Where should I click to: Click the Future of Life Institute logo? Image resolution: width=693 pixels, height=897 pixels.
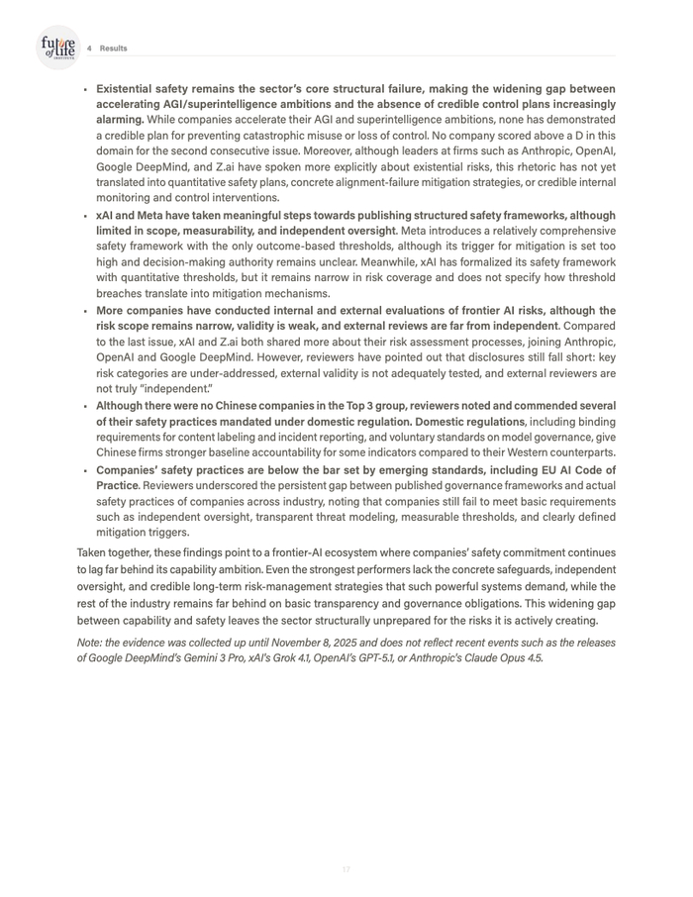point(57,48)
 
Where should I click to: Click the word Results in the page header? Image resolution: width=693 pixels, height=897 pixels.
point(113,49)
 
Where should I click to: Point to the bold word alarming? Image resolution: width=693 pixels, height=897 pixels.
point(120,120)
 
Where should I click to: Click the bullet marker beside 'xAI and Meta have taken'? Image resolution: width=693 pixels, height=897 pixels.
point(85,216)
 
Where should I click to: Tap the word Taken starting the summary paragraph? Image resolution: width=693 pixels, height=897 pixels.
point(93,552)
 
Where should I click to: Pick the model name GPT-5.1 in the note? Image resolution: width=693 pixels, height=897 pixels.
point(396,657)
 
